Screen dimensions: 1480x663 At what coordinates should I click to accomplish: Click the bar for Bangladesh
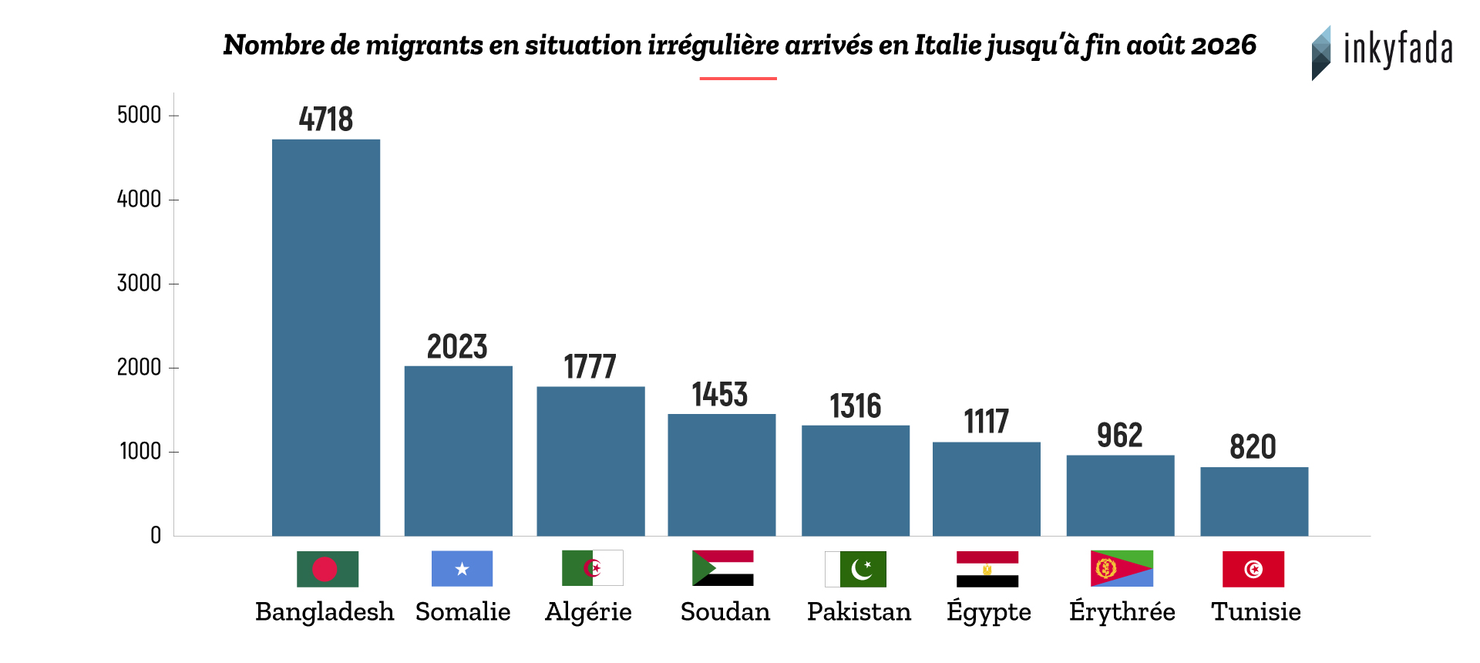tap(326, 338)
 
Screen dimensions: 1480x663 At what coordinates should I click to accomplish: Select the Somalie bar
tap(459, 451)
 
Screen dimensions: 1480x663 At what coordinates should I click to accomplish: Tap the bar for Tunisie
tap(1254, 501)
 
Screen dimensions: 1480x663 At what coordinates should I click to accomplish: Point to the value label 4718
tap(326, 119)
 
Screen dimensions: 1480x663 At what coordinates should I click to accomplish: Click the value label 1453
tap(720, 395)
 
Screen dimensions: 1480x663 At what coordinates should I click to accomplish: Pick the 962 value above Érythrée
tap(1120, 436)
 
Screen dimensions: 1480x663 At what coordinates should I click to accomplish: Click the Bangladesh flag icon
tap(328, 569)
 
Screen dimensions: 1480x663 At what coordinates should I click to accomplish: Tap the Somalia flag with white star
tap(462, 569)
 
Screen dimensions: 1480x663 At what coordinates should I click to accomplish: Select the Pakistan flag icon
tap(856, 569)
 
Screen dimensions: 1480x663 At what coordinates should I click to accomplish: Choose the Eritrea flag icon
tap(1122, 569)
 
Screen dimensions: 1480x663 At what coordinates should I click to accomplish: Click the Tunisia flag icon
tap(1253, 569)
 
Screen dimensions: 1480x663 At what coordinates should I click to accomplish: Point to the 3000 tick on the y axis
tap(139, 284)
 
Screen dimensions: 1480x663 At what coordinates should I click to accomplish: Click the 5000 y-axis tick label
tap(139, 116)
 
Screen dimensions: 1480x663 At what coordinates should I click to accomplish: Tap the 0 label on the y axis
tap(156, 536)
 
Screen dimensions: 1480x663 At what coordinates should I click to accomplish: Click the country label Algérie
tap(588, 612)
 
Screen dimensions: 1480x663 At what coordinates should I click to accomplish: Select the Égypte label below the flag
tap(989, 612)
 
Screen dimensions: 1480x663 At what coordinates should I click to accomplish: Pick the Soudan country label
tap(725, 612)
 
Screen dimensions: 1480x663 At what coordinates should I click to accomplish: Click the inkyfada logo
tap(1382, 52)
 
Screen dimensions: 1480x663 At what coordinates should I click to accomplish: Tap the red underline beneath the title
tap(738, 79)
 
